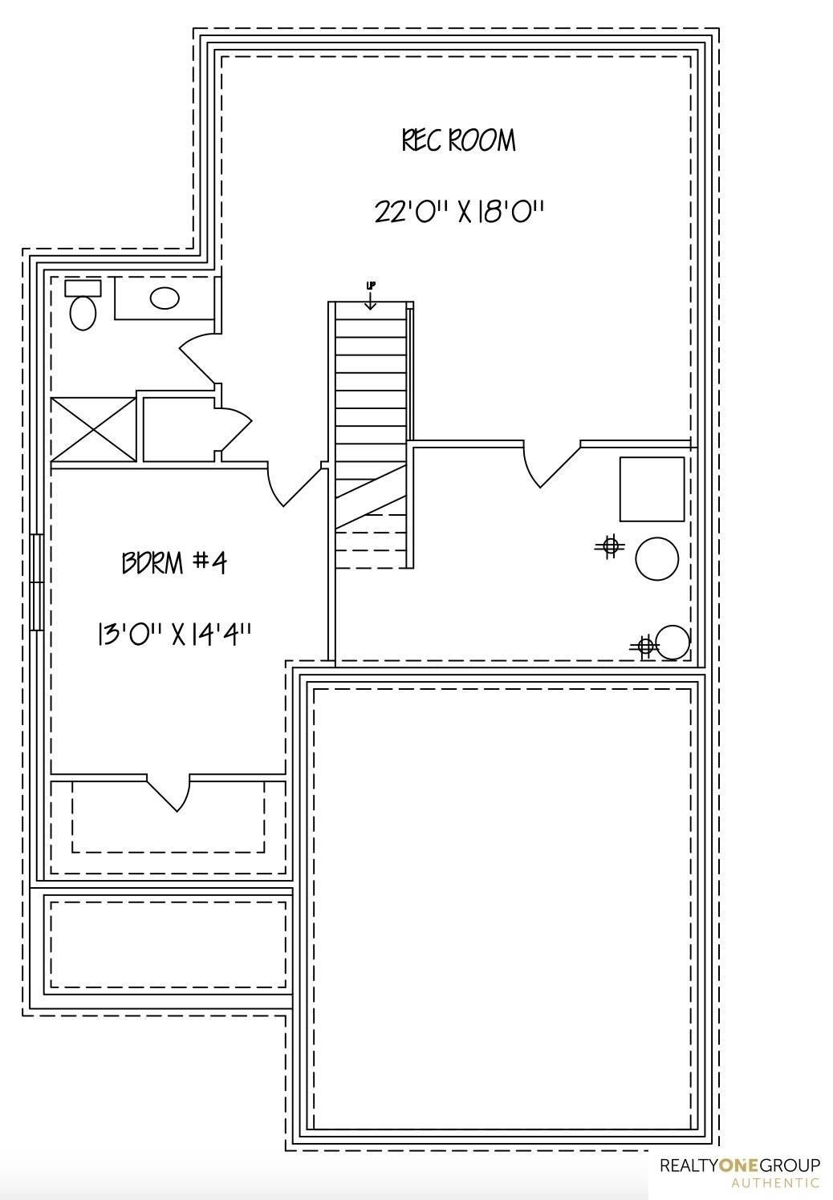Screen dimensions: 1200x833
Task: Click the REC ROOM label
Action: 458,140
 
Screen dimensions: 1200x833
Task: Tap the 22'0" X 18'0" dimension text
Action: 459,213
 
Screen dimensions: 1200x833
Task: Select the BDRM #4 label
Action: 174,562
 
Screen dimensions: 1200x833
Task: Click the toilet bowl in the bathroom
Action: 83,313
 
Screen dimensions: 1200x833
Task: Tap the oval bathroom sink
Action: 165,298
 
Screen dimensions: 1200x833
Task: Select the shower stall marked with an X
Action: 93,429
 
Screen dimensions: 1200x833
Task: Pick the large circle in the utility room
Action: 656,558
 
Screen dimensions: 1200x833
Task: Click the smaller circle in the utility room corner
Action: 672,642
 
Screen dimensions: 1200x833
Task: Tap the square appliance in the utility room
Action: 652,489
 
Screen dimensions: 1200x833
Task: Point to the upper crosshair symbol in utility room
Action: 610,546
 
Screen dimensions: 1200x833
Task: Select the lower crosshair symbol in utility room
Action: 644,645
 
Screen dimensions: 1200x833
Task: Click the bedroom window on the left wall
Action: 36,582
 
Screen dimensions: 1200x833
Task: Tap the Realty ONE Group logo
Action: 739,1165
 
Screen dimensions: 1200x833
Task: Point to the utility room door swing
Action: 552,465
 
